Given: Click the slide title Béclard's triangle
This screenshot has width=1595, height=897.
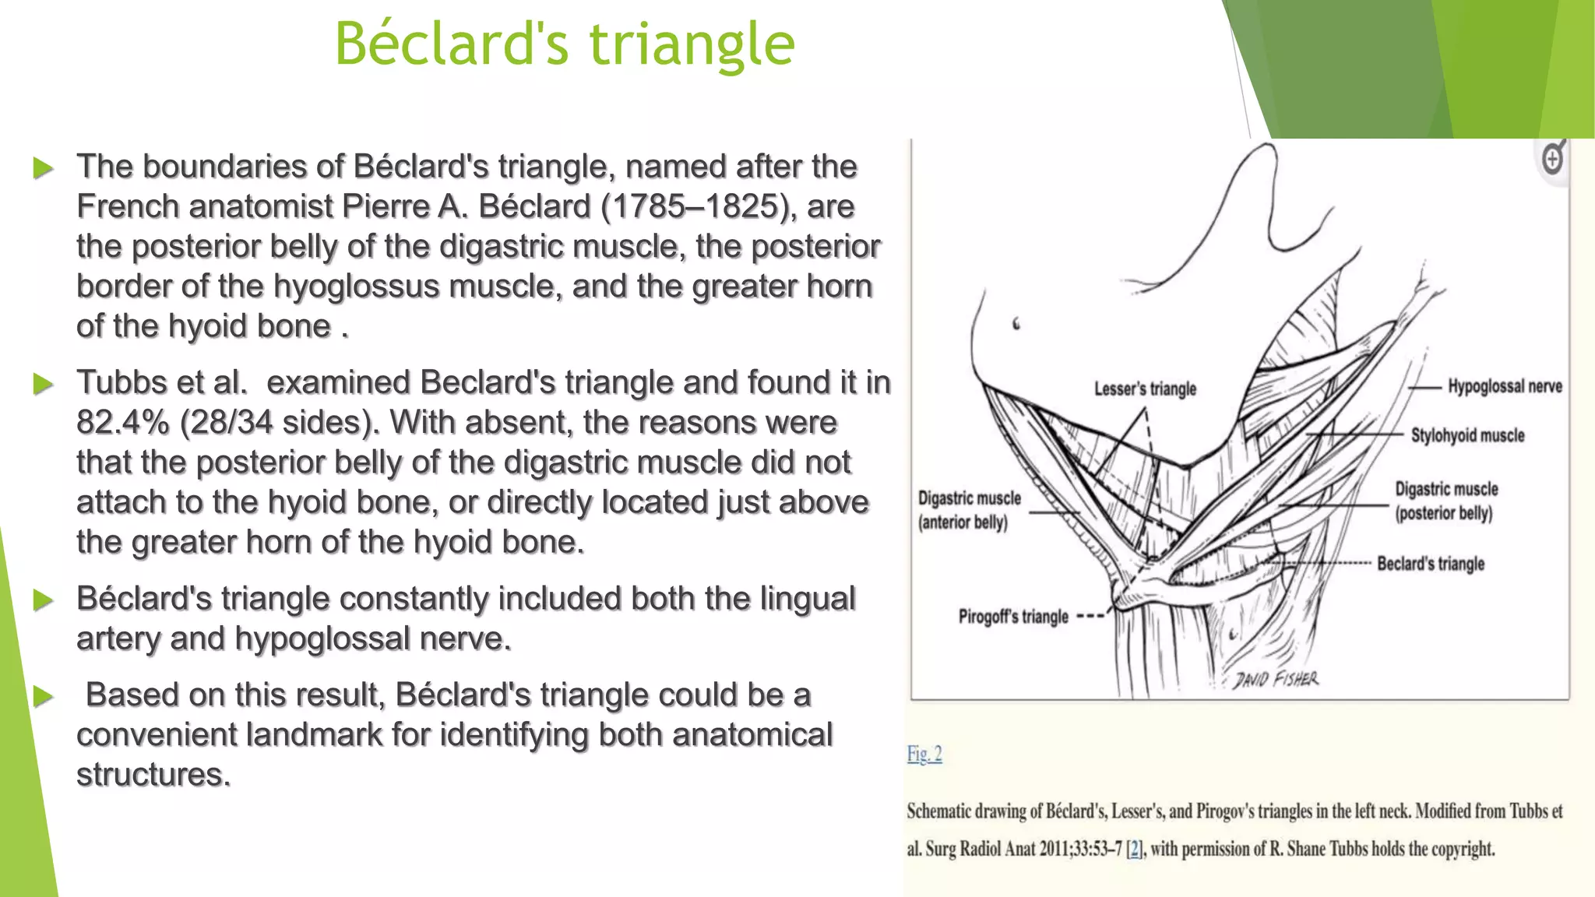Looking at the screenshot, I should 565,44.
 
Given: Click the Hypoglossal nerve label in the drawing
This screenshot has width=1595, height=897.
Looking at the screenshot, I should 1504,386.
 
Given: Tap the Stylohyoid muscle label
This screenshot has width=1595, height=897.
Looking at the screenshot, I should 1467,435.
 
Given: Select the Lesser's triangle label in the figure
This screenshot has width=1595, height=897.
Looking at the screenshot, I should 1145,389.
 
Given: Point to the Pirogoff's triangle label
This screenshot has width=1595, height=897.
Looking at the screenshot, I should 1013,617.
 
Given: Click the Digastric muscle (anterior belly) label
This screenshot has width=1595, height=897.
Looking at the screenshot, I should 968,510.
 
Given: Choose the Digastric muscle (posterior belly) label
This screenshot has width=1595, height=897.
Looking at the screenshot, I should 1445,501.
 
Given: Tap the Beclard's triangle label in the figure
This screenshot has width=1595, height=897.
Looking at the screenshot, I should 1430,564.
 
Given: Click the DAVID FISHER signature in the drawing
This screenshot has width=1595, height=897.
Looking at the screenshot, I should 1276,680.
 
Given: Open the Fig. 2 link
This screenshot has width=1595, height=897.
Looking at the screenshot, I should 924,754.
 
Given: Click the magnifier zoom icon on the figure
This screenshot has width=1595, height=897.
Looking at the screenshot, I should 1553,159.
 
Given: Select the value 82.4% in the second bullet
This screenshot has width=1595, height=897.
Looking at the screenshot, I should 122,423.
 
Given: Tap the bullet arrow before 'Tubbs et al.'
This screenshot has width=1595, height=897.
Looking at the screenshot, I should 44,384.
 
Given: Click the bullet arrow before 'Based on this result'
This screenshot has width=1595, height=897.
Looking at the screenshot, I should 44,696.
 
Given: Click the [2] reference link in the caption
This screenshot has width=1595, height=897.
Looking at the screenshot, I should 1136,849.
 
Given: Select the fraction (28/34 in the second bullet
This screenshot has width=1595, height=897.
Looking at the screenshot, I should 238,423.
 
